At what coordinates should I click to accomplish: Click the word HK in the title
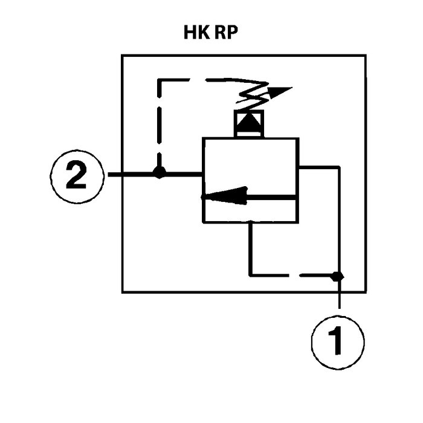click(196, 33)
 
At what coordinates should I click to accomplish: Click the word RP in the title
click(225, 33)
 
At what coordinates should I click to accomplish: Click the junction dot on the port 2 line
click(159, 173)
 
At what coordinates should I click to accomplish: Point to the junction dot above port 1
click(338, 276)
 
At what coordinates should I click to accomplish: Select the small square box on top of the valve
click(249, 124)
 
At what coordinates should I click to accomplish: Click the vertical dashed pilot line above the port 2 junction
click(159, 127)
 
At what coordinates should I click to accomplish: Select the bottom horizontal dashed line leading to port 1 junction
click(290, 275)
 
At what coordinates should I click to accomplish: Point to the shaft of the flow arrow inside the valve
click(272, 196)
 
